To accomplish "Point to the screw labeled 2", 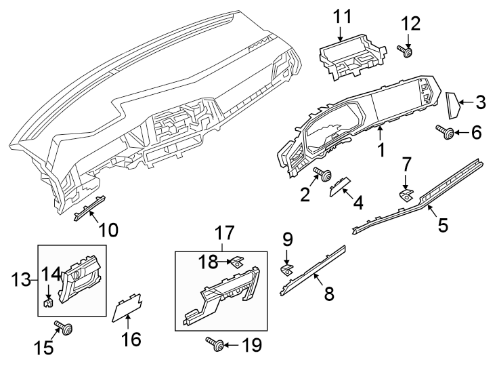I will tap(324, 176).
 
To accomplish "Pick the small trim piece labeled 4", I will tap(339, 187).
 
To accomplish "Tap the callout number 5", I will tap(442, 224).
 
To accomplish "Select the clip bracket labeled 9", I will tap(286, 269).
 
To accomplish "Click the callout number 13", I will tap(20, 279).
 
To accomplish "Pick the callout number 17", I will tap(224, 234).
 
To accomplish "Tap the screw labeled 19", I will tap(216, 346).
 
